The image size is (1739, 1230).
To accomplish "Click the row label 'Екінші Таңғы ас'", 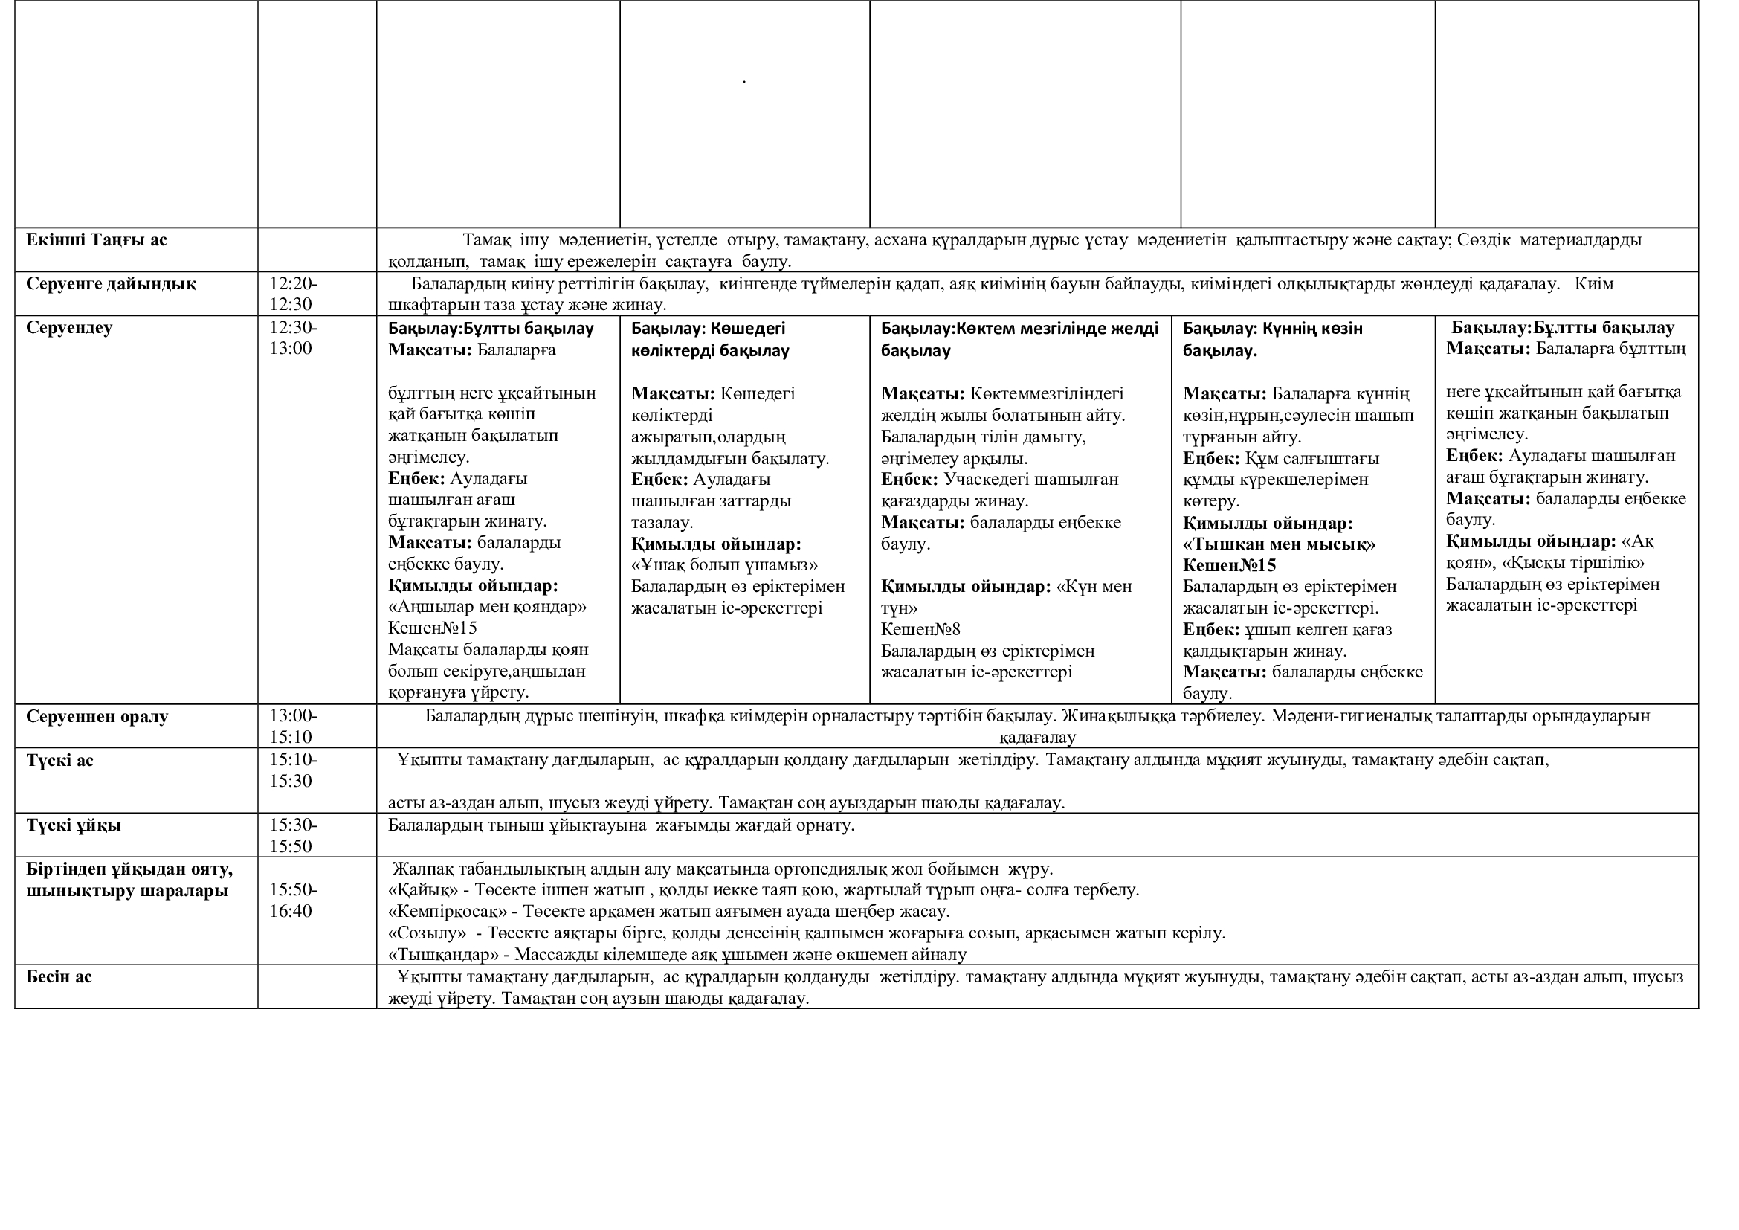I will point(96,240).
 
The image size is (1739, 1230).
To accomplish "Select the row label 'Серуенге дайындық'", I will point(111,284).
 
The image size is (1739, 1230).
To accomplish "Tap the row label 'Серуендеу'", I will point(69,328).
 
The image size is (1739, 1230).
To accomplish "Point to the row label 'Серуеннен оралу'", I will point(97,716).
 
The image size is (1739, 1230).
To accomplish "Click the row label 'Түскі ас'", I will point(59,761).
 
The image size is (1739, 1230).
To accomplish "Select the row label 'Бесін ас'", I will point(59,977).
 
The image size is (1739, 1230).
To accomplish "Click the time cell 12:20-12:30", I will point(293,294).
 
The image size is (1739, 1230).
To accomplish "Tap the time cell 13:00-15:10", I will point(293,727).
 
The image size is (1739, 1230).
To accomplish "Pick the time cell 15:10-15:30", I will point(293,770).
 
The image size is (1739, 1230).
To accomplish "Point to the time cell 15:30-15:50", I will point(293,835).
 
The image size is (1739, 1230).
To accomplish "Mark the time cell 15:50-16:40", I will point(293,901).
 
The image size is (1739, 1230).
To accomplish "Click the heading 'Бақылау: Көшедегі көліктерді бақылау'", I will point(710,339).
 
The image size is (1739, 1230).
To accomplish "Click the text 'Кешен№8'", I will point(920,629).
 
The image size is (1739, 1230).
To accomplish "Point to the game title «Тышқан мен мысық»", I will point(1280,544).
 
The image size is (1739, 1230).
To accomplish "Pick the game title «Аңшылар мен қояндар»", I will point(487,607).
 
